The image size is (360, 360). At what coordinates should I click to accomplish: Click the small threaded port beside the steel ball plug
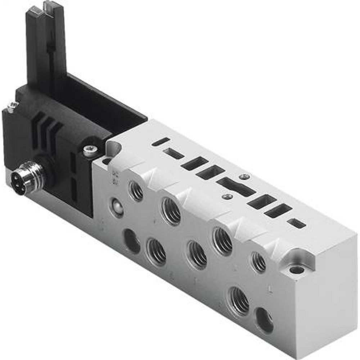[x=136, y=191]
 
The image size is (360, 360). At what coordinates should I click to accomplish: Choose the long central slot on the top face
[x=236, y=187]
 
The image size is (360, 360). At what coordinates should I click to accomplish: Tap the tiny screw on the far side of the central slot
[x=245, y=176]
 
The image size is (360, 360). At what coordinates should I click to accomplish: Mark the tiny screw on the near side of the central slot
[x=227, y=196]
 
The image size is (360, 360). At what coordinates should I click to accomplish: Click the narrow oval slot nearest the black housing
[x=161, y=141]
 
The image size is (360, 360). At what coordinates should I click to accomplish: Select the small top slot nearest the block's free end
[x=297, y=223]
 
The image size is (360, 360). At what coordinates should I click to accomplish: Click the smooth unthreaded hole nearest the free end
[x=265, y=321]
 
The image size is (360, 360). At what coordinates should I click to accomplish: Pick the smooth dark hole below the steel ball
[x=132, y=241]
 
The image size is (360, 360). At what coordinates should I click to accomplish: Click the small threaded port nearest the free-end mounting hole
[x=258, y=262]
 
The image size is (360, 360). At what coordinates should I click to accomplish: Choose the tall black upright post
[x=47, y=47]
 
